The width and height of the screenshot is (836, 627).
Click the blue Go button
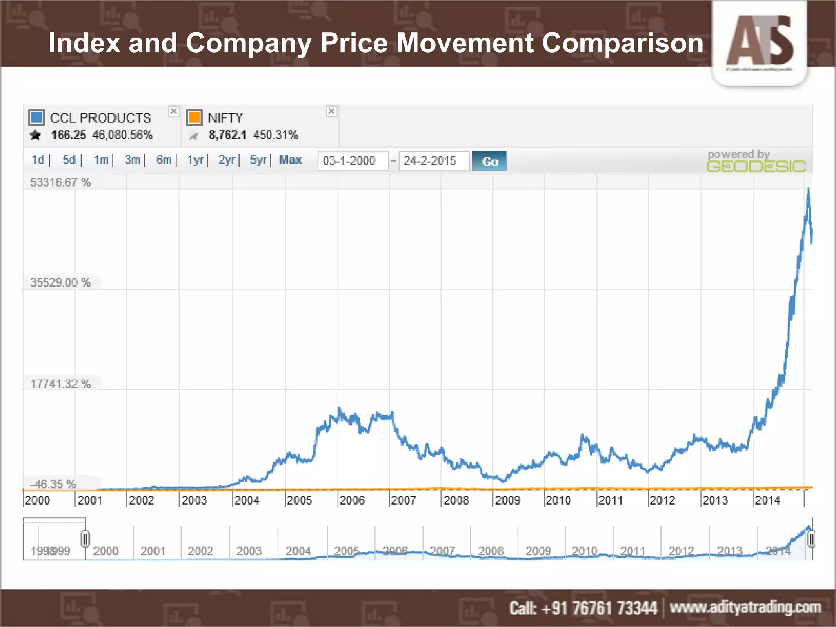point(489,161)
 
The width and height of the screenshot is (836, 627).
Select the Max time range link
point(290,160)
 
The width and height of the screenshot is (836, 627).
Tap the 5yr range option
point(258,160)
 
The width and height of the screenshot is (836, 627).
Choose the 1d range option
point(38,160)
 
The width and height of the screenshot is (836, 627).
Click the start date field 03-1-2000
point(352,161)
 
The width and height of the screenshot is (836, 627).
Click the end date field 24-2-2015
point(433,161)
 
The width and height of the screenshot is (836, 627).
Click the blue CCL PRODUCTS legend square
point(37,118)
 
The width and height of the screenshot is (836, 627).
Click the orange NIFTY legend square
point(194,118)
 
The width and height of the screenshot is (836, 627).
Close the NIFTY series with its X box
point(331,111)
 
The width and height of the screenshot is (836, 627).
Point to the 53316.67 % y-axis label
point(60,182)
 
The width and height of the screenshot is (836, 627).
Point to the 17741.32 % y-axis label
point(60,384)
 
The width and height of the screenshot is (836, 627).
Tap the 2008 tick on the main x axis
point(456,500)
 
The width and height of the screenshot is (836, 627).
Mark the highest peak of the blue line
point(808,189)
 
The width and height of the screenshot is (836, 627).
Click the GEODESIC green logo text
point(756,167)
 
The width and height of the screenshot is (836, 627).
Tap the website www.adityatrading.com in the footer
point(745,607)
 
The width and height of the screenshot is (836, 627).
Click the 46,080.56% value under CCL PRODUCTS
point(122,135)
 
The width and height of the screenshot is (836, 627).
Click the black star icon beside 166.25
point(36,135)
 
